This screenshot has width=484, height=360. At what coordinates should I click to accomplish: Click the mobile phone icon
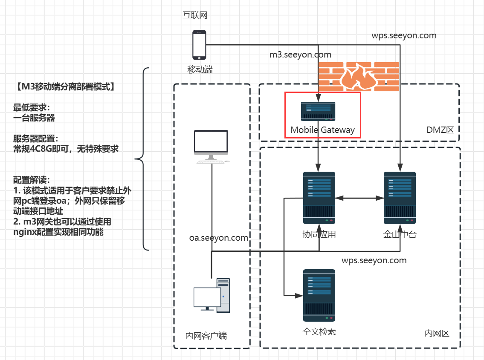199,44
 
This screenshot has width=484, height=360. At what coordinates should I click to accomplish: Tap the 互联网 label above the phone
195,16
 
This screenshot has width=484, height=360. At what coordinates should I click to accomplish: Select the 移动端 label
200,69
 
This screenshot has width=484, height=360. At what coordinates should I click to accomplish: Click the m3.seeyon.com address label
300,55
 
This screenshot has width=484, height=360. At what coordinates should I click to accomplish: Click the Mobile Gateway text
322,130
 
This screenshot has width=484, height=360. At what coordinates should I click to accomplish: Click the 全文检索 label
319,331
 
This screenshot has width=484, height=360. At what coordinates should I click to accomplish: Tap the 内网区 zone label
437,333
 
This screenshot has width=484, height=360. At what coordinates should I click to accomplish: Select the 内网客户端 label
206,336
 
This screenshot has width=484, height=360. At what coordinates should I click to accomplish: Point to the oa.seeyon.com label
218,238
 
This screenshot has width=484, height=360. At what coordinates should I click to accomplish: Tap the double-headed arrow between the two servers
359,198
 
